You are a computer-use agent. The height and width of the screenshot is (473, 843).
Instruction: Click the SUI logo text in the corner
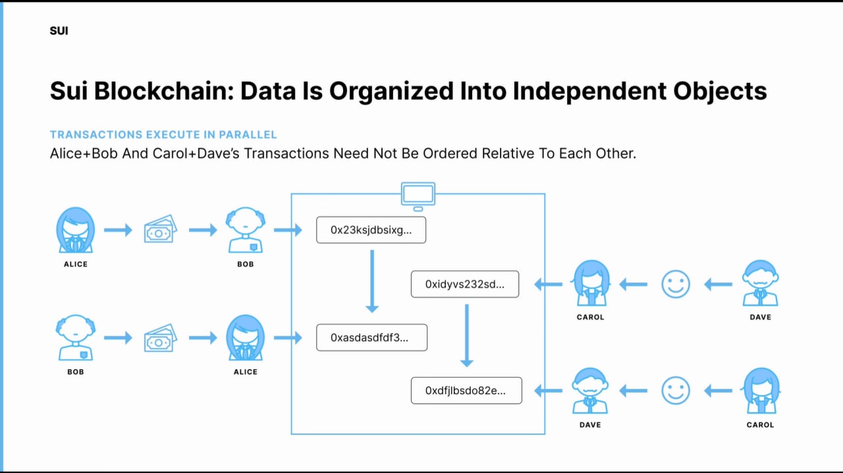coord(59,31)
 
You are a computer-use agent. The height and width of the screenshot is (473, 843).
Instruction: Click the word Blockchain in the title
coord(164,91)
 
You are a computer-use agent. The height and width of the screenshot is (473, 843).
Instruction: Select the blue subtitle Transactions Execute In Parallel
coord(163,135)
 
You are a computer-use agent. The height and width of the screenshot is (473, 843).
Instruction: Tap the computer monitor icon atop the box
coord(418,196)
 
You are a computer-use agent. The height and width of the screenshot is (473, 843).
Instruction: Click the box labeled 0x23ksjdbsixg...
coord(371,230)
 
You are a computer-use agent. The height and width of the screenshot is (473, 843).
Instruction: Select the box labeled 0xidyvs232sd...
coord(465,284)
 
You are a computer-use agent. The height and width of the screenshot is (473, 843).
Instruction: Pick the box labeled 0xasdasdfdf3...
coord(372,337)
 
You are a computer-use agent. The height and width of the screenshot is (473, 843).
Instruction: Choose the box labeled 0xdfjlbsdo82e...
coord(466,391)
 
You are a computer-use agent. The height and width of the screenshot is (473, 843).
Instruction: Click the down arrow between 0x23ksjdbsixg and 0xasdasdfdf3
coord(372,282)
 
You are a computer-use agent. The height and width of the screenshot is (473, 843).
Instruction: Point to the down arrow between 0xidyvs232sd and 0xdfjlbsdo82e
coord(467,336)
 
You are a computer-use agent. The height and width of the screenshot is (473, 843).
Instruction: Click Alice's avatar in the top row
coord(75,230)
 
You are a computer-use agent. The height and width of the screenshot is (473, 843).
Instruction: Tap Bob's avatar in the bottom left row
coord(75,337)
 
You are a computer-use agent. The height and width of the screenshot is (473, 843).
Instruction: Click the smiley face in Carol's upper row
coord(676,284)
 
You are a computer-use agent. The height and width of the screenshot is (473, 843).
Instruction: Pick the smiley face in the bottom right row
coord(676,391)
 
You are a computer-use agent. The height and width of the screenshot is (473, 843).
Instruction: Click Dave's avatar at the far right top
coord(760,283)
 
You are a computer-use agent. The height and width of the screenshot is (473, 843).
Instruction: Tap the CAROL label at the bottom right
coord(760,425)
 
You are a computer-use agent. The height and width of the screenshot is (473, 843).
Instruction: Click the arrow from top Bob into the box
coord(288,230)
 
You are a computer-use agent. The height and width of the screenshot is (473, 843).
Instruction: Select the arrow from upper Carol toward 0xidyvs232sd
coord(549,284)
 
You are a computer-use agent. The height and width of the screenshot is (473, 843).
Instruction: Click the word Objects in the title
coord(720,91)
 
